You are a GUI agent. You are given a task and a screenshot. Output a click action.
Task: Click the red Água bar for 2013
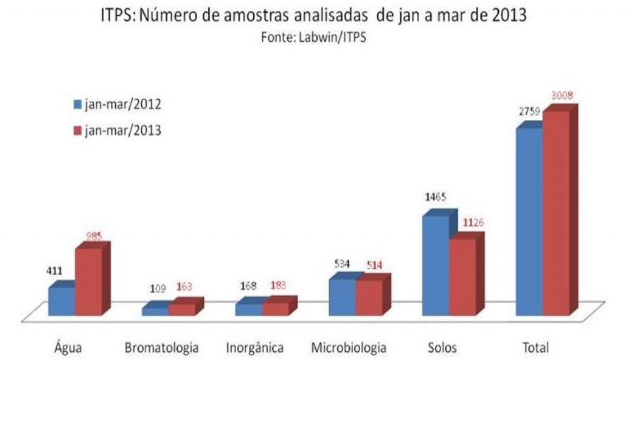[x=88, y=282]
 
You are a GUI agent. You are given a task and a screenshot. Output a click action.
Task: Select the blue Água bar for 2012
[x=61, y=302]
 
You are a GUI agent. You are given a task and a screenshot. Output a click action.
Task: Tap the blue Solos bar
[x=436, y=266]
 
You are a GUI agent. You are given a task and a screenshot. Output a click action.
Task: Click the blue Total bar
[x=529, y=222]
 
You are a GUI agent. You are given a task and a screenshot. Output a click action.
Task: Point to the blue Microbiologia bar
[x=342, y=297]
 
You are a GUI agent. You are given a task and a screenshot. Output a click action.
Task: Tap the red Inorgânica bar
[x=275, y=309]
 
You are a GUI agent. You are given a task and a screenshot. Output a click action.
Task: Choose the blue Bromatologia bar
[x=155, y=311]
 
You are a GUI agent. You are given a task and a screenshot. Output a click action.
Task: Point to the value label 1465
[x=436, y=197]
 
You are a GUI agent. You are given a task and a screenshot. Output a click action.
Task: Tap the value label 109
[x=158, y=289]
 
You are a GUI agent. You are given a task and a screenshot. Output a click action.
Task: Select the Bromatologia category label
[x=161, y=348]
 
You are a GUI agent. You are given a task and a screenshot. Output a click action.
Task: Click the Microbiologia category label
[x=349, y=348]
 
